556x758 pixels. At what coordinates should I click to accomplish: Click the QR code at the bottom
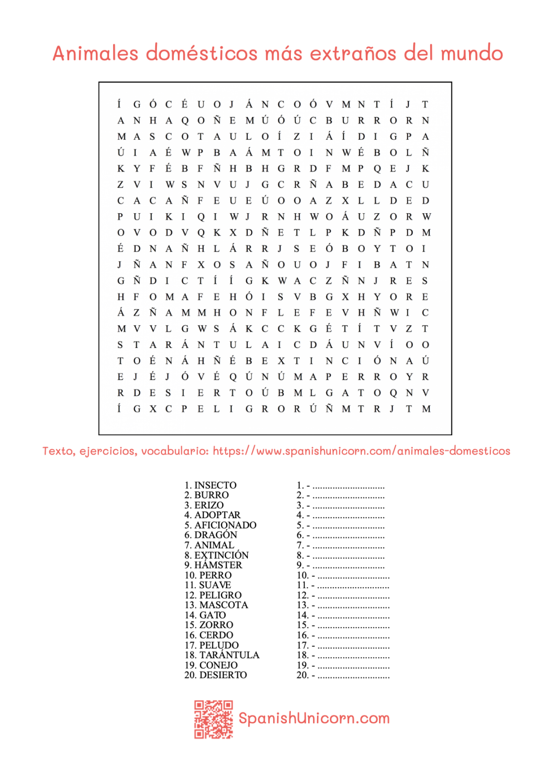tap(213, 719)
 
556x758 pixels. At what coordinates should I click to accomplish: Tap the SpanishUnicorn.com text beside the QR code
tap(314, 718)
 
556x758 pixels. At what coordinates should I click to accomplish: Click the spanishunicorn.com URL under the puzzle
tap(361, 451)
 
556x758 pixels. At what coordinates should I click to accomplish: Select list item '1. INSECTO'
tap(210, 485)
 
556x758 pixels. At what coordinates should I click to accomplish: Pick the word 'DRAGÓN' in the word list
tap(215, 535)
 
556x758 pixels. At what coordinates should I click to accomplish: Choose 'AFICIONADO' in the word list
tap(225, 525)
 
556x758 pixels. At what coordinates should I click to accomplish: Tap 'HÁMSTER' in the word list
tap(218, 565)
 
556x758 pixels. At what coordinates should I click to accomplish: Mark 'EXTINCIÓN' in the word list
tap(221, 555)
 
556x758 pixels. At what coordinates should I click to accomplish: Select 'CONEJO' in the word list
tap(218, 665)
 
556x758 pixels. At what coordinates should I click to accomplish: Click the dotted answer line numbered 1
tap(348, 486)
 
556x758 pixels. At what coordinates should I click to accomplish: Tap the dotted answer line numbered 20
tap(353, 676)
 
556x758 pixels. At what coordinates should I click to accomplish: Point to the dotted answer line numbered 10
tap(353, 576)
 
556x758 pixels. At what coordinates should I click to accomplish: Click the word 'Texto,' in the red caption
tap(59, 451)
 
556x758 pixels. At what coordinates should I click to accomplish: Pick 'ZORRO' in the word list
tap(216, 625)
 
